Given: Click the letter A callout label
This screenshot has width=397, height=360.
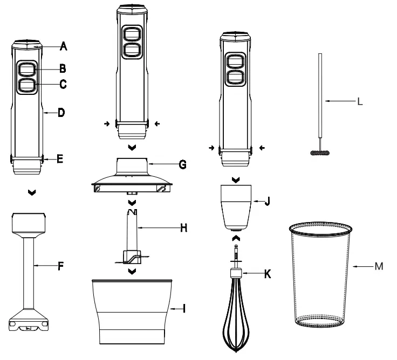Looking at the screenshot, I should coord(63,46).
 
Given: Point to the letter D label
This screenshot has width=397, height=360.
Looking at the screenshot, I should coord(61,113).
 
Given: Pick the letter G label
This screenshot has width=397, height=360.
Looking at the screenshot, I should coord(182,163).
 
